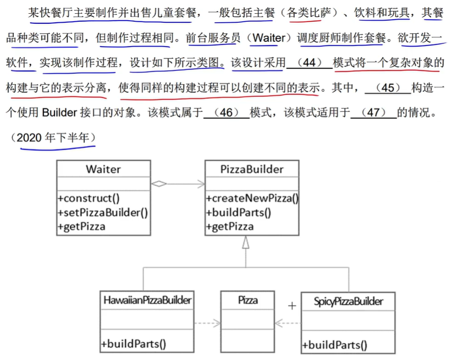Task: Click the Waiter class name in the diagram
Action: point(103,169)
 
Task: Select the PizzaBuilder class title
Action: point(251,169)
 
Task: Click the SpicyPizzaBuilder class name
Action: point(348,302)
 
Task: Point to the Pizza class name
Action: point(248,300)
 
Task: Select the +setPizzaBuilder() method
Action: point(103,213)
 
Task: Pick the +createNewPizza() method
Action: point(252,199)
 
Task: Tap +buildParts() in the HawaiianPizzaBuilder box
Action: point(133,343)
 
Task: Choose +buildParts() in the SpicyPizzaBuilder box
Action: point(334,345)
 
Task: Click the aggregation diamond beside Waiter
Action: point(159,184)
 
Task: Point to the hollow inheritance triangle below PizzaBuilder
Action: point(245,243)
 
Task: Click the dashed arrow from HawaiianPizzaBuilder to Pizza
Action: point(207,322)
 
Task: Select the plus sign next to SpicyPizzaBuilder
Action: point(291,306)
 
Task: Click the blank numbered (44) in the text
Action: point(309,63)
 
